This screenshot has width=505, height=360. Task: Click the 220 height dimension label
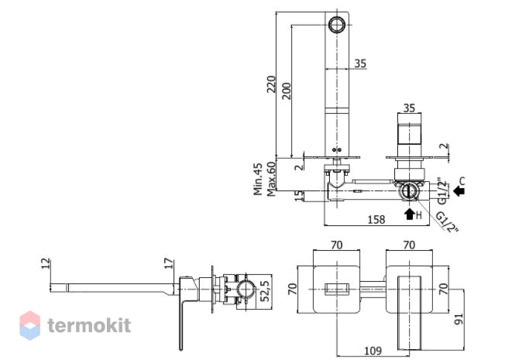[271, 84]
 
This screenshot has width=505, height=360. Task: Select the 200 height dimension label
[286, 91]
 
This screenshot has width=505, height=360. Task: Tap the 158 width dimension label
[376, 220]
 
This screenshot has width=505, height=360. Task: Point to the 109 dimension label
[373, 351]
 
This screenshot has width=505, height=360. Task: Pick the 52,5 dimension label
[265, 291]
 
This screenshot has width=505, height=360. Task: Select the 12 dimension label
[46, 263]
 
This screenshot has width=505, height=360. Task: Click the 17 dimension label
[168, 264]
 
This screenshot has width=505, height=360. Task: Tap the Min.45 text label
[258, 179]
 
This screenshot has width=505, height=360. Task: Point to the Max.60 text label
[271, 179]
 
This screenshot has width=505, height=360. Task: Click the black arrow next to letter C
[459, 191]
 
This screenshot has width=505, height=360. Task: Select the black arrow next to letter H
[410, 214]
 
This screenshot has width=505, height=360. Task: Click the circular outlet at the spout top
[337, 25]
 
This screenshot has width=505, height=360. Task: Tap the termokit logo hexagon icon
[30, 325]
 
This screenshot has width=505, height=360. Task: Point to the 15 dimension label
[299, 195]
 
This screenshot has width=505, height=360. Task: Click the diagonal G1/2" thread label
[447, 222]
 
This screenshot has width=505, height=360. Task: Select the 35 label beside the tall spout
[360, 63]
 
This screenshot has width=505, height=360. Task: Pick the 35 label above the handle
[409, 108]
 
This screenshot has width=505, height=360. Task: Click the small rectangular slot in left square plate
[337, 289]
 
